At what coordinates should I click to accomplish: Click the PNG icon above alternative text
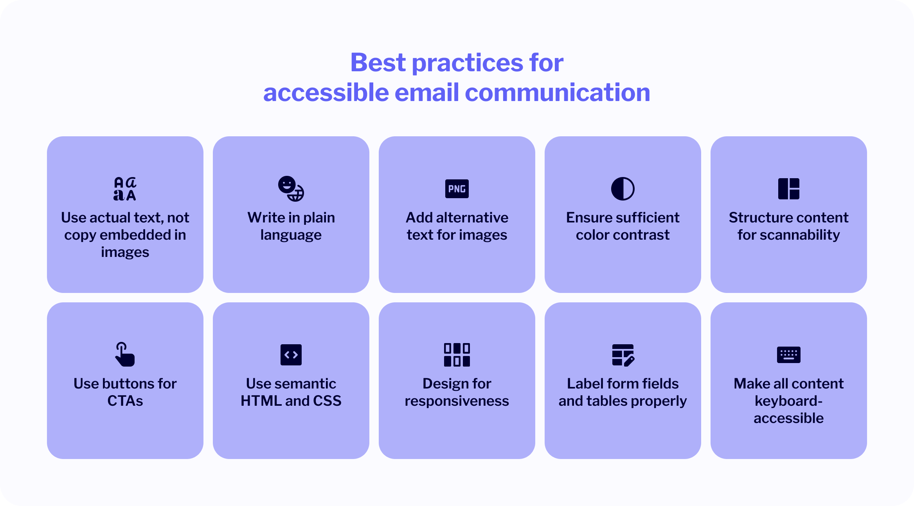tap(457, 189)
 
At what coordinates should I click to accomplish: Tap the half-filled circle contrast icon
tap(623, 189)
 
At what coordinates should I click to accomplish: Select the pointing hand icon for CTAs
tap(125, 354)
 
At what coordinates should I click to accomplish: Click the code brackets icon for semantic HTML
tap(291, 355)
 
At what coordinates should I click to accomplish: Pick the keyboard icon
tap(788, 355)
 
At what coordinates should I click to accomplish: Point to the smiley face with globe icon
tap(291, 189)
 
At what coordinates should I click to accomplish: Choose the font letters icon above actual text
tap(125, 189)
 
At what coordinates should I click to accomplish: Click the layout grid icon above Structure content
tap(788, 189)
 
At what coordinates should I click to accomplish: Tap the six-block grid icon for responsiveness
tap(457, 355)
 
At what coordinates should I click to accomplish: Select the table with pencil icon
tap(623, 355)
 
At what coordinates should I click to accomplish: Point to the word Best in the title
tap(378, 62)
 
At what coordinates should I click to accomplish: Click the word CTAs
tap(125, 401)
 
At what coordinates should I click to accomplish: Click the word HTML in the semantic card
tap(261, 401)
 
